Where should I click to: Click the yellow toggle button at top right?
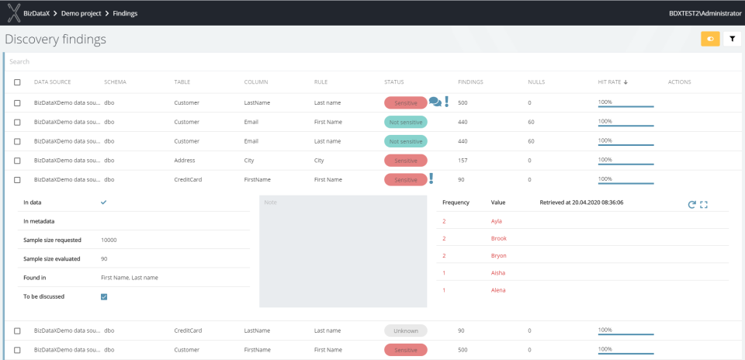(710, 39)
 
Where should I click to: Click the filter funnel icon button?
(732, 39)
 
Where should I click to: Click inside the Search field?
(310, 61)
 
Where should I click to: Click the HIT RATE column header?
(612, 81)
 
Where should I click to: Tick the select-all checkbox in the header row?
(17, 82)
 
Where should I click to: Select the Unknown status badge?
(405, 331)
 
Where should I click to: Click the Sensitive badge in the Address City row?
(405, 160)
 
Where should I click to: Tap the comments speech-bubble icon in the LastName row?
(435, 102)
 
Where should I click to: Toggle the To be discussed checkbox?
(104, 296)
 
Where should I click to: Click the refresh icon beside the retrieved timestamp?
(691, 204)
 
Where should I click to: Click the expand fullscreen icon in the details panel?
(704, 204)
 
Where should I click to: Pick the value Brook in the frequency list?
(499, 238)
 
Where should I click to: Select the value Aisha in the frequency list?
(498, 272)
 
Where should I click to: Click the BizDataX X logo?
(13, 12)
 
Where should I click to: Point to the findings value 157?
(463, 161)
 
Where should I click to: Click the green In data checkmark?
(104, 202)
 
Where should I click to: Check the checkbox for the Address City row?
(17, 161)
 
